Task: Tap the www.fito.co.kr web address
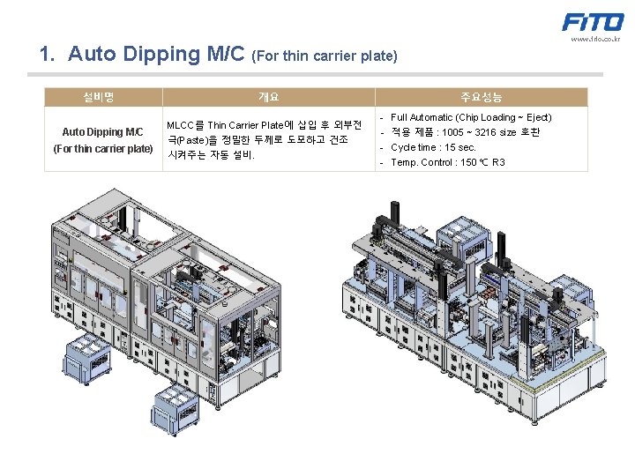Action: click(x=595, y=39)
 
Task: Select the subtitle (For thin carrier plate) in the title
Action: click(x=325, y=56)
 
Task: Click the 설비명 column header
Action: click(x=103, y=97)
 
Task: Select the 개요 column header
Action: click(x=269, y=97)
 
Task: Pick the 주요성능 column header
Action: click(x=481, y=97)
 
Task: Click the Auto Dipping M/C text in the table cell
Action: click(x=102, y=132)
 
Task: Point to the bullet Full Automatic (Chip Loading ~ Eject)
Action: click(x=471, y=117)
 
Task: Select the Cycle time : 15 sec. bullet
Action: click(x=433, y=147)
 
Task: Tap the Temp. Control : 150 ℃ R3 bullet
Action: click(x=447, y=162)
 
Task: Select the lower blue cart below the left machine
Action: click(x=176, y=406)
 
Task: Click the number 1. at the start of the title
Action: click(x=48, y=55)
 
